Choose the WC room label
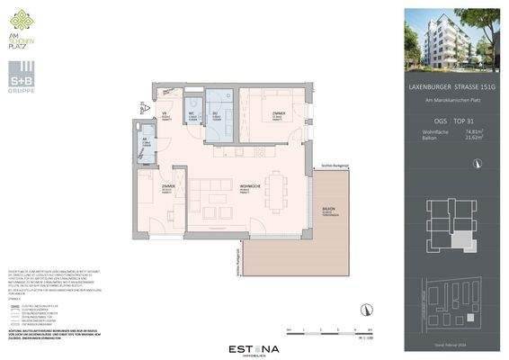click(x=192, y=116)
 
